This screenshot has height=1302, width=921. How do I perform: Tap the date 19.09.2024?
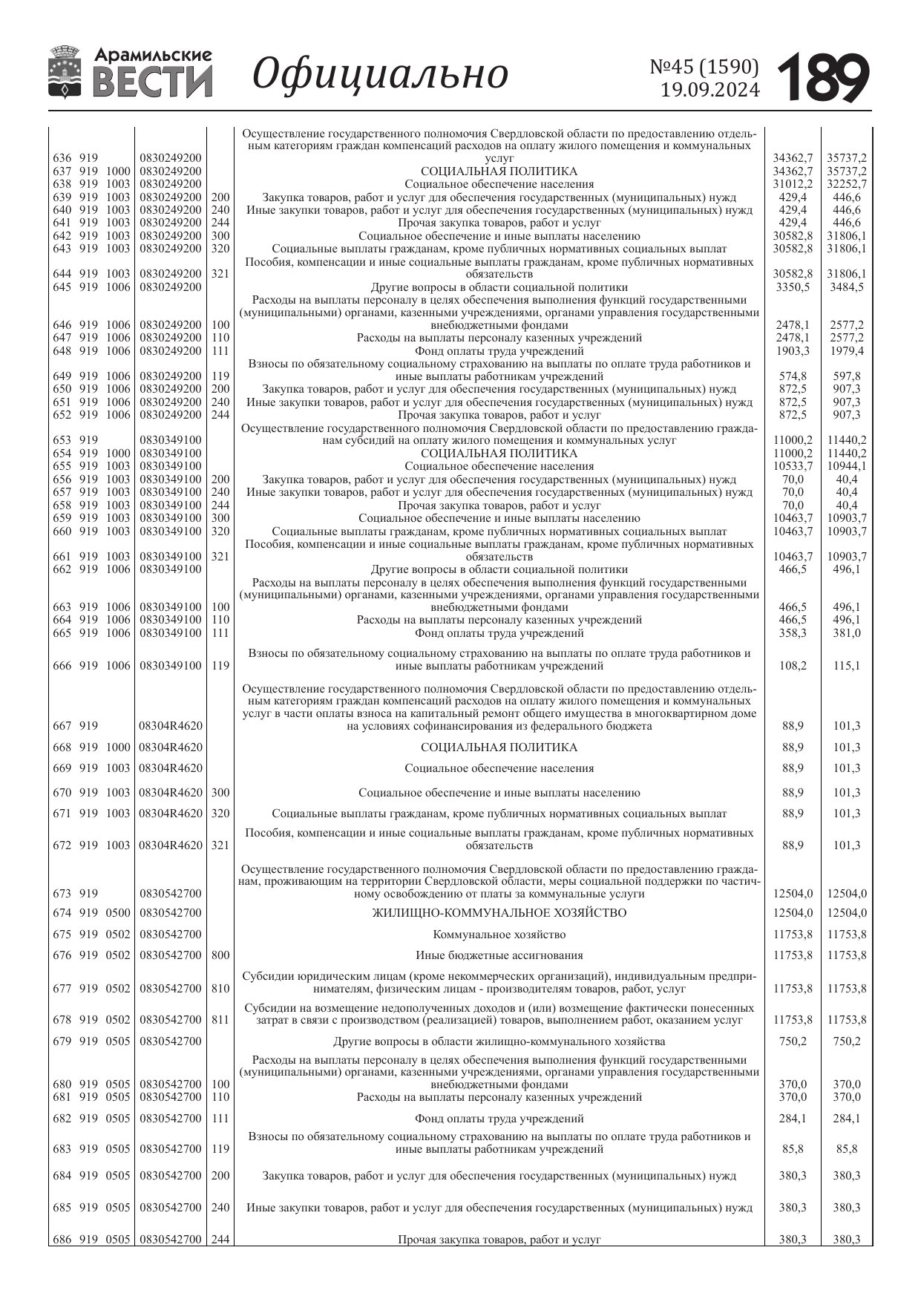[710, 91]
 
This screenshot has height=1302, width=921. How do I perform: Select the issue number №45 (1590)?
[704, 68]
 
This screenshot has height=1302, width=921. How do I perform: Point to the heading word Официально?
[381, 73]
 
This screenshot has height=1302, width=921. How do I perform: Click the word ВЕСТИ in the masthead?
[153, 82]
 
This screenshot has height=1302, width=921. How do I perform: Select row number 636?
[62, 158]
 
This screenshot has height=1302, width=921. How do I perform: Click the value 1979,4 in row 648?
[847, 351]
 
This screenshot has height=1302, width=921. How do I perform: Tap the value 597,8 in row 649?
[847, 376]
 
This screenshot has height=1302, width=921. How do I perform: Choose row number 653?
[62, 440]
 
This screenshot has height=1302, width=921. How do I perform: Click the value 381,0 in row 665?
[847, 633]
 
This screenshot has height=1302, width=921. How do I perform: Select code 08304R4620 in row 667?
[171, 726]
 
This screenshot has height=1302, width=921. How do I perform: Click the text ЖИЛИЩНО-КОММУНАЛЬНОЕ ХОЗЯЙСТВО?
[499, 913]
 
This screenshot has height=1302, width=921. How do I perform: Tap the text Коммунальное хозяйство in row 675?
[499, 935]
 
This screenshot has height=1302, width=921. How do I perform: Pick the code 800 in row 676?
[220, 955]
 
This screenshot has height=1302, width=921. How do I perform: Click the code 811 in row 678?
[220, 1020]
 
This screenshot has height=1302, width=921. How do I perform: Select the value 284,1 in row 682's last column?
[847, 1119]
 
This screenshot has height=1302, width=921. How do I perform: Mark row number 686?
[62, 1239]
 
